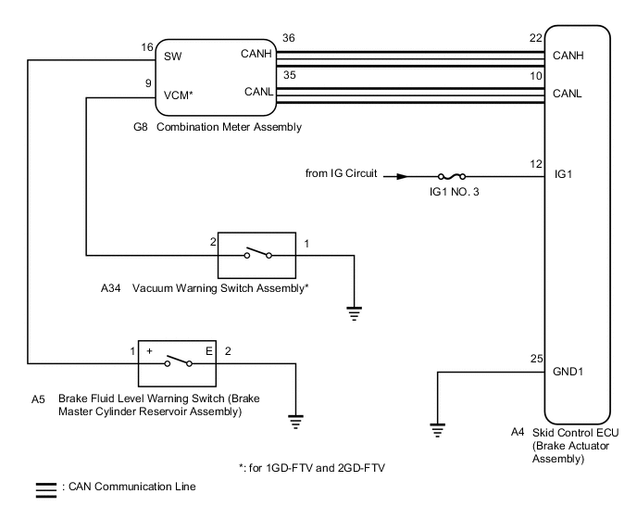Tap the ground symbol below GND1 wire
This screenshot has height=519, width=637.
click(x=437, y=429)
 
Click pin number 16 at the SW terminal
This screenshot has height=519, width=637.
click(x=146, y=46)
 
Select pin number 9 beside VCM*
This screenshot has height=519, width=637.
click(x=148, y=83)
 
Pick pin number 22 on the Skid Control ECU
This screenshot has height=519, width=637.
click(x=534, y=40)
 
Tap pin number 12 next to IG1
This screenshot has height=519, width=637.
click(x=534, y=164)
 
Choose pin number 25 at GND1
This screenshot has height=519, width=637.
click(x=534, y=359)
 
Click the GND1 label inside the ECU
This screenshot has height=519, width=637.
click(x=567, y=373)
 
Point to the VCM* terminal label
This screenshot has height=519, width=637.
click(x=178, y=95)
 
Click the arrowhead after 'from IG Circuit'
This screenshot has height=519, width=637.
click(x=400, y=174)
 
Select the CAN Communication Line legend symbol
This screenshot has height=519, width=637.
click(x=44, y=486)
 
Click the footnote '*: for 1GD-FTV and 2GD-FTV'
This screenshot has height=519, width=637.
click(x=310, y=468)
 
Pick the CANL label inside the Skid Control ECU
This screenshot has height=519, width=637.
click(x=567, y=94)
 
